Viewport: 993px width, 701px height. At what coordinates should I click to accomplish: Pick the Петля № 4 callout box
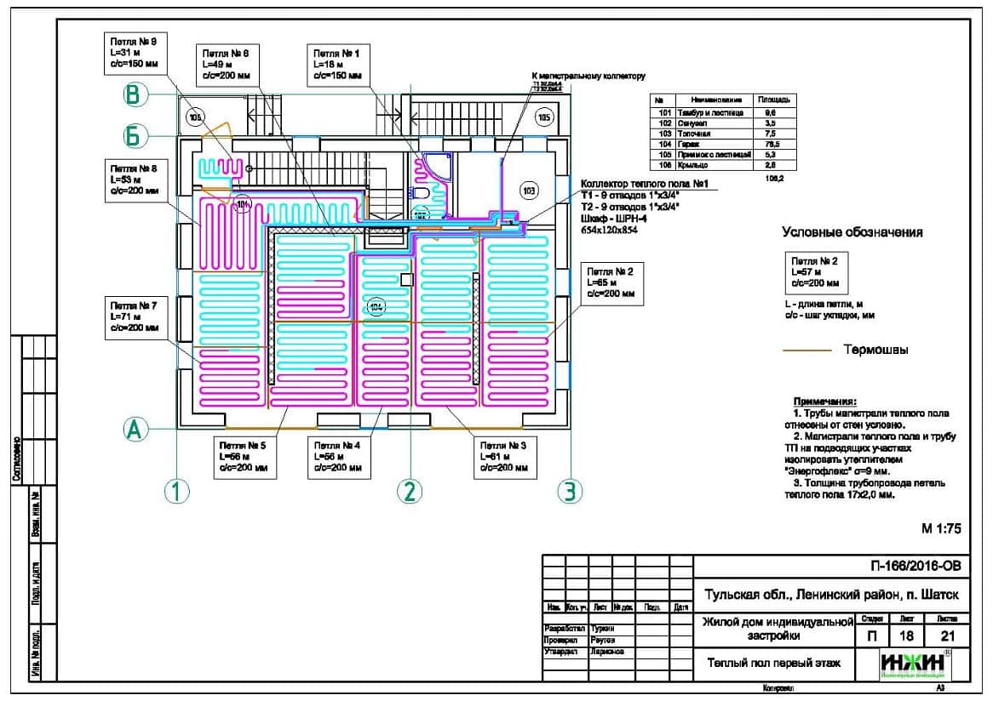pyautogui.click(x=338, y=456)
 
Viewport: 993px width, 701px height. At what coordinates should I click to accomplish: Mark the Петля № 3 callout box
pyautogui.click(x=506, y=456)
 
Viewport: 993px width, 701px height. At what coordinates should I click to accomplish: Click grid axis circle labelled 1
pyautogui.click(x=175, y=490)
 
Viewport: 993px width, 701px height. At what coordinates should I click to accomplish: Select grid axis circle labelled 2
pyautogui.click(x=410, y=490)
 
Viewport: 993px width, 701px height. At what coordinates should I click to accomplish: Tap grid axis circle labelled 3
pyautogui.click(x=569, y=490)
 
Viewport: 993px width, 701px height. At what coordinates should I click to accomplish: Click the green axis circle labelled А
pyautogui.click(x=133, y=430)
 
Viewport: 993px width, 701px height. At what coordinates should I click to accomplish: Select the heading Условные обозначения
pyautogui.click(x=852, y=232)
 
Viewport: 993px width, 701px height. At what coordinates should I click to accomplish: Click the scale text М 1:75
pyautogui.click(x=940, y=528)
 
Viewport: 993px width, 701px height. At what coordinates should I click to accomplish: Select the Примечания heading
pyautogui.click(x=824, y=401)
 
